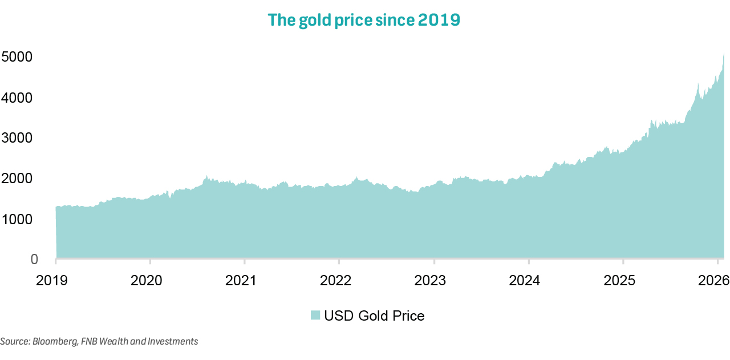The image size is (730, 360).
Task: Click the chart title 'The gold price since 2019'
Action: pyautogui.click(x=364, y=20)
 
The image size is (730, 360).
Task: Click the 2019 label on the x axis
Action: pyautogui.click(x=55, y=280)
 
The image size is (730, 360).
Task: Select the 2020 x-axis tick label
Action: pyautogui.click(x=150, y=280)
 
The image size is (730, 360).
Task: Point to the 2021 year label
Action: pyautogui.click(x=244, y=280)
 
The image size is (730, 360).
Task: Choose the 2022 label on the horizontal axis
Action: pyautogui.click(x=339, y=280)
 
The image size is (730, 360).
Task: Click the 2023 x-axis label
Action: pyautogui.click(x=434, y=280)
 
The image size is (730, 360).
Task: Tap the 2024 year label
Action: pyautogui.click(x=529, y=280)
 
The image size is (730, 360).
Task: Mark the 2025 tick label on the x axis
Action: pyautogui.click(x=623, y=280)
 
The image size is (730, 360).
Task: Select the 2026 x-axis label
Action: pyautogui.click(x=712, y=280)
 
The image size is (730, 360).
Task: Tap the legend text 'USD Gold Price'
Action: pyautogui.click(x=374, y=315)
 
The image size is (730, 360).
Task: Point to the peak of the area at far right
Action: pyautogui.click(x=724, y=54)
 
